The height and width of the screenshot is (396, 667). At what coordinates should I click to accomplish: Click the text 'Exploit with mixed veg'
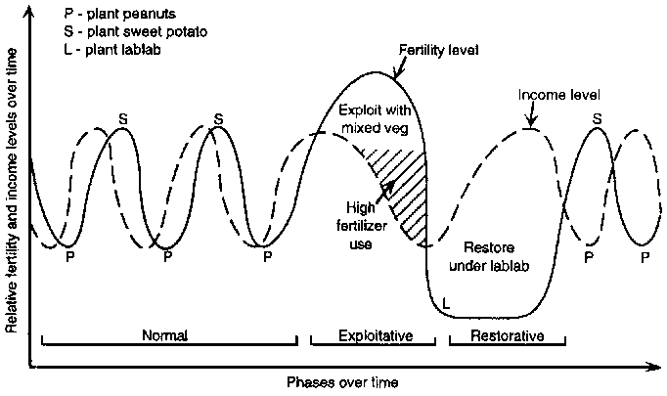(x=375, y=116)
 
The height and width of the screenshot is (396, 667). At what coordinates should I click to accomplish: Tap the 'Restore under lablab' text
(x=486, y=257)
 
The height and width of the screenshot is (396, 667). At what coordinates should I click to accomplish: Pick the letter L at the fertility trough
(x=445, y=305)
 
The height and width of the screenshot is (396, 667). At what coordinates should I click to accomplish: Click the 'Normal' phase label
(x=164, y=334)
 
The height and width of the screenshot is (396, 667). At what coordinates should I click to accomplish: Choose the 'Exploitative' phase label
(x=375, y=334)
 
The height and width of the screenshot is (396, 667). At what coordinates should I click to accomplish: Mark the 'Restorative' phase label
(x=507, y=334)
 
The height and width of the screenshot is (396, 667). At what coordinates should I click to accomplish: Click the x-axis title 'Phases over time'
(x=343, y=381)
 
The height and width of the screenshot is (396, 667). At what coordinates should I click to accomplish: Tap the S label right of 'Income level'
(x=597, y=119)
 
